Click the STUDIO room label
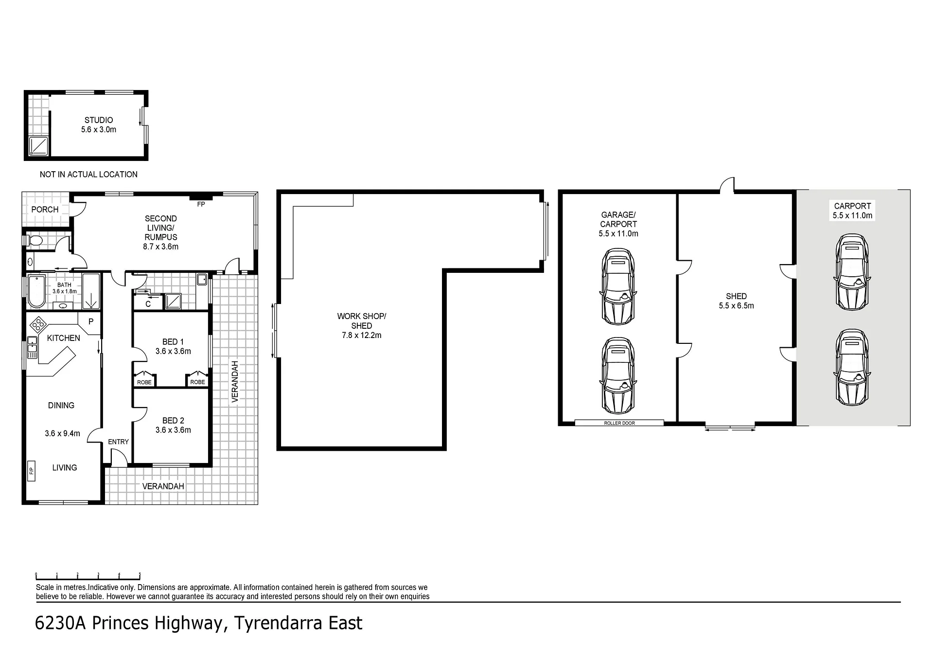(x=99, y=120)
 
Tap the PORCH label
(x=45, y=210)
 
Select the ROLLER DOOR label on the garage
(x=619, y=423)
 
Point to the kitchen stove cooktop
(x=38, y=323)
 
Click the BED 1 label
(x=173, y=342)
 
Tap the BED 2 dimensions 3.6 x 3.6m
(x=173, y=430)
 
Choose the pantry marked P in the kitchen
(x=91, y=321)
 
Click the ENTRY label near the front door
(x=118, y=442)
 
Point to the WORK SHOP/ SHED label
(x=362, y=321)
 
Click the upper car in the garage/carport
(x=618, y=286)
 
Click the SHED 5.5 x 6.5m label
(x=736, y=301)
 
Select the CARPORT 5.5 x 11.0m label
(x=852, y=211)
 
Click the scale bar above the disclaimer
(x=88, y=577)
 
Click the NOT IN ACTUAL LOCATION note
(x=88, y=174)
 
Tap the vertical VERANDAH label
(x=235, y=381)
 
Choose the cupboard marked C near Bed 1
(x=148, y=304)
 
